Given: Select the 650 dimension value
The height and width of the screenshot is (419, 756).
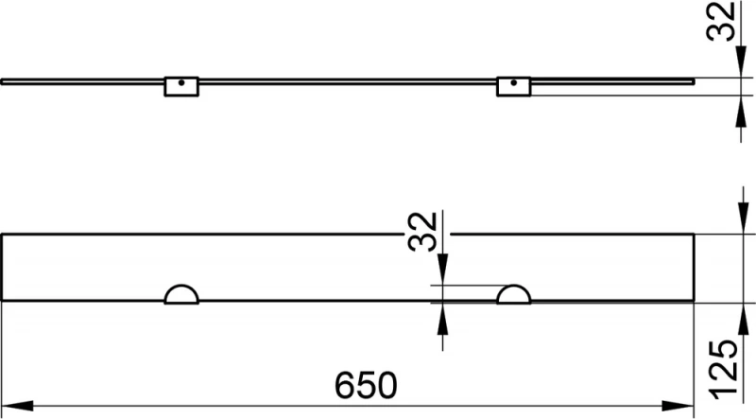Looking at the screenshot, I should (365, 384).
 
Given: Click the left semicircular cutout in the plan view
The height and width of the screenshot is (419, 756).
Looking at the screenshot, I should (180, 294).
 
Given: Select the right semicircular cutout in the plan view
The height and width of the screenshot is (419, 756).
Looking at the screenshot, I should (515, 294).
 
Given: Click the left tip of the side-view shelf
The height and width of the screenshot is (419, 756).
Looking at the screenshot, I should (3, 81).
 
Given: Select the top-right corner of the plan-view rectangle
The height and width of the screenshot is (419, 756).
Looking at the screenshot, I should (695, 233).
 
